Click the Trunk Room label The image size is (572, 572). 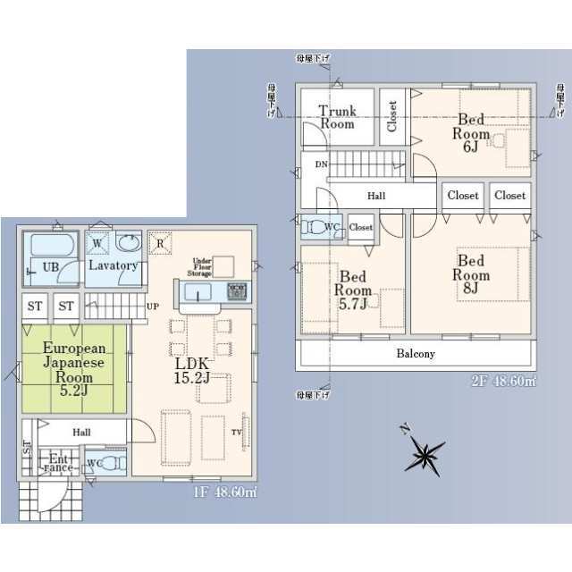point(338,117)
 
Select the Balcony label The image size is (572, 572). point(416,354)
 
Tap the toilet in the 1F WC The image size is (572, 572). point(108,463)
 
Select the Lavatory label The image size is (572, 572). point(113,265)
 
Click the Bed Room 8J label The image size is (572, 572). point(471,274)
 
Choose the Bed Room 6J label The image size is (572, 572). point(470,133)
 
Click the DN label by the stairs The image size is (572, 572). point(320,163)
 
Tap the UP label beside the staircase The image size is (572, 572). point(153,306)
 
